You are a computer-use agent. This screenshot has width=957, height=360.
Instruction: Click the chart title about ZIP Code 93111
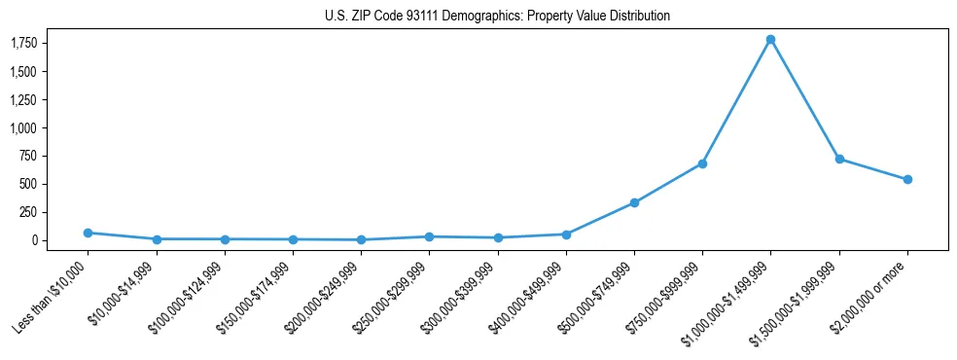click(x=497, y=16)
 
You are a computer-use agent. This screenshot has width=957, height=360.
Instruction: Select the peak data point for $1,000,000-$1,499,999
click(x=770, y=40)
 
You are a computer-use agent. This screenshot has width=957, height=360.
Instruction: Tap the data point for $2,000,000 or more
click(x=907, y=179)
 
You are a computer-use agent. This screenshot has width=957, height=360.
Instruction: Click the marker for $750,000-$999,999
click(x=702, y=163)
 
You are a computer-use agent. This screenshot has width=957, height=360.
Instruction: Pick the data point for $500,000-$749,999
click(x=634, y=202)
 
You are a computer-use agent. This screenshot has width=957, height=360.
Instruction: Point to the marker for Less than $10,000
click(x=88, y=233)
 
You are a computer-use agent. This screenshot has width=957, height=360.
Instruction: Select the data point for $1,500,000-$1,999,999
click(x=838, y=159)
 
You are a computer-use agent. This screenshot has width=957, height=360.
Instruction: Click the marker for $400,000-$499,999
click(x=566, y=234)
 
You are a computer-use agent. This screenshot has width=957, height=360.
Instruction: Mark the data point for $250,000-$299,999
click(x=429, y=236)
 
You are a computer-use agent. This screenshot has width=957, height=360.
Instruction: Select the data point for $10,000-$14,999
click(x=157, y=238)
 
